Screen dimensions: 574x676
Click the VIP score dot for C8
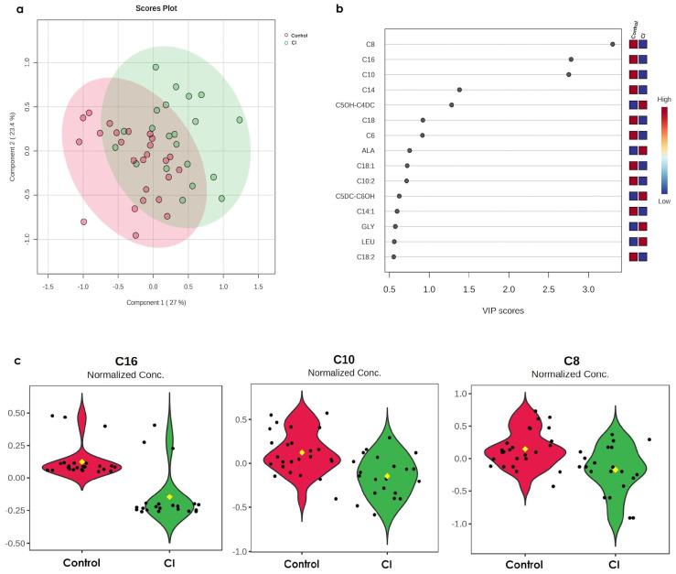[x=613, y=44]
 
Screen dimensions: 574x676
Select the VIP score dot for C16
[x=571, y=60]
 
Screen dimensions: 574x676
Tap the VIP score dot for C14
[x=459, y=90]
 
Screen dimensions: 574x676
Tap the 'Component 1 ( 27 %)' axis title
[x=152, y=299]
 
